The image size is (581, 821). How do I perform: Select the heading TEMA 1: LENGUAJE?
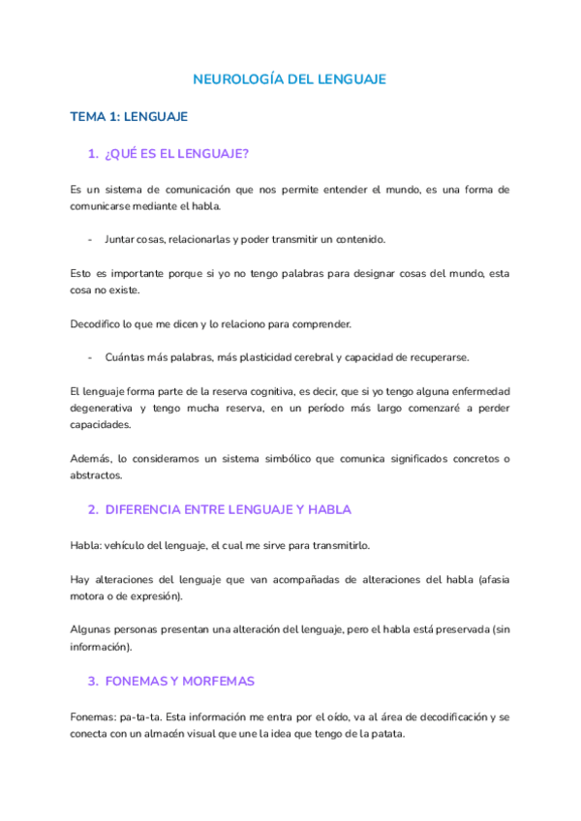tap(129, 116)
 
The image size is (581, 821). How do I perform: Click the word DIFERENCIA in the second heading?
tap(146, 508)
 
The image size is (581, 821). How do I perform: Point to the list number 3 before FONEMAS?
tap(92, 681)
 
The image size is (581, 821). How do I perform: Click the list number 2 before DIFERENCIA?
tap(92, 508)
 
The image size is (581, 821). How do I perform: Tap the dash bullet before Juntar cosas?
tap(90, 238)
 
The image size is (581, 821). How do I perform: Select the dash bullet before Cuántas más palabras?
tap(90, 356)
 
